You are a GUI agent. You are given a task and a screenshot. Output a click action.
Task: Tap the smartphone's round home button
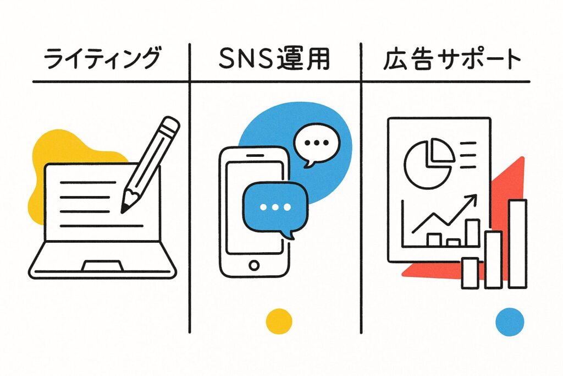coord(253,265)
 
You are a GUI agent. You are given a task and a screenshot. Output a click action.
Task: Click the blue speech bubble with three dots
coord(273,206)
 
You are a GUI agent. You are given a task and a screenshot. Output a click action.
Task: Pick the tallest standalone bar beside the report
coord(517,243)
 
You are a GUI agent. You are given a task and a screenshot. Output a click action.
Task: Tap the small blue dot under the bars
coord(509,321)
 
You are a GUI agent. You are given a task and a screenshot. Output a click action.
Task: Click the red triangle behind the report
coord(509,187)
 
